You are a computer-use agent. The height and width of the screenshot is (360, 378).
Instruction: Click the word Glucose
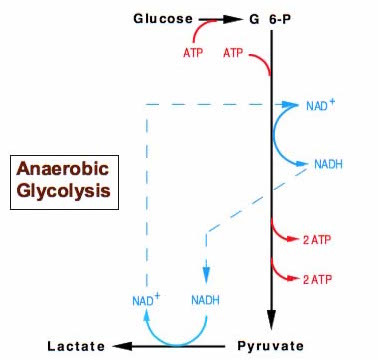pyautogui.click(x=163, y=18)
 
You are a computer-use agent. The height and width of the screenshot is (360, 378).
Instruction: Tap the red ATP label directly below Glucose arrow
pyautogui.click(x=195, y=52)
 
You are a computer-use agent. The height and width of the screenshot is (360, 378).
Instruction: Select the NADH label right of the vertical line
pyautogui.click(x=330, y=163)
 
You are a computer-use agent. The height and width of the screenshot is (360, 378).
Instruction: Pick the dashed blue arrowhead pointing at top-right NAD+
pyautogui.click(x=292, y=103)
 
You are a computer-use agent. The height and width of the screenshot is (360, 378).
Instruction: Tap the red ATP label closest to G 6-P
pyautogui.click(x=237, y=52)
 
